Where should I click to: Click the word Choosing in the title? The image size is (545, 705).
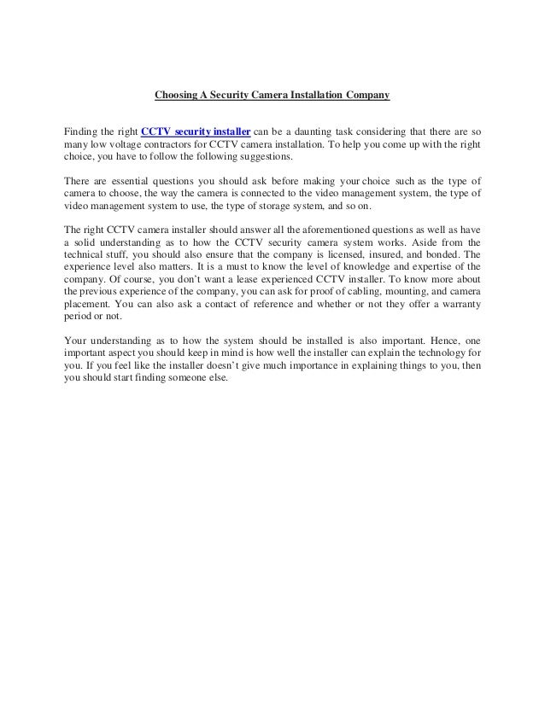coord(175,96)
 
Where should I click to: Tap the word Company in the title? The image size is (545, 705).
coord(368,96)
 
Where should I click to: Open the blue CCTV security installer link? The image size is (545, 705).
coord(195,132)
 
